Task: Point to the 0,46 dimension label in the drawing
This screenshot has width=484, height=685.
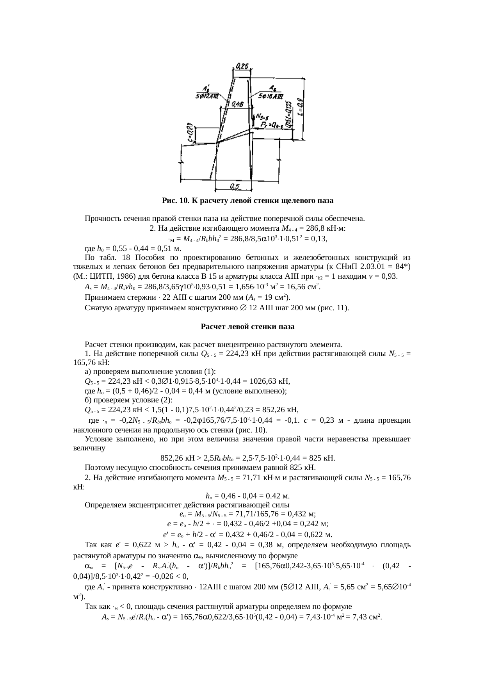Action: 238,104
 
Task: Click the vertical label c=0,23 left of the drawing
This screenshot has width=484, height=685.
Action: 189,133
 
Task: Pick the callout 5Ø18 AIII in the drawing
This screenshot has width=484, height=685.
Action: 271,96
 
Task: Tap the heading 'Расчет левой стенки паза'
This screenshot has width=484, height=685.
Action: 247,326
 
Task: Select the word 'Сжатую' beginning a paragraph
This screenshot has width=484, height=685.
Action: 98,308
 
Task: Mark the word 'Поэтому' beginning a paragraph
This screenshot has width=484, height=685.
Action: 99,468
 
